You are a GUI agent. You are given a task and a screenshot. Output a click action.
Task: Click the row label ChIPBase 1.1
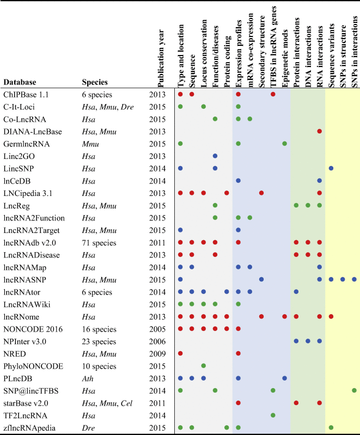tap(26, 94)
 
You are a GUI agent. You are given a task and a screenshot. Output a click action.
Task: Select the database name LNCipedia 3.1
tap(29, 193)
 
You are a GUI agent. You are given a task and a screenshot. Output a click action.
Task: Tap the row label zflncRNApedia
tap(30, 427)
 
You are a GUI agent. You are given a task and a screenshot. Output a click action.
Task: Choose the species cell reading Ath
tap(88, 378)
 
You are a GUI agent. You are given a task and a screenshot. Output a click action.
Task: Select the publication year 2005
tap(157, 329)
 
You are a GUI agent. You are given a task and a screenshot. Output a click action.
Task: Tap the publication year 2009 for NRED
tap(157, 353)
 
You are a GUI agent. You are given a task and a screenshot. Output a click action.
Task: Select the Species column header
tap(94, 82)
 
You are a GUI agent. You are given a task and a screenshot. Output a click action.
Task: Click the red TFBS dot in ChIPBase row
tap(273, 94)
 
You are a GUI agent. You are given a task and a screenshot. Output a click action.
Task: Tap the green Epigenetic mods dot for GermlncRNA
tap(285, 144)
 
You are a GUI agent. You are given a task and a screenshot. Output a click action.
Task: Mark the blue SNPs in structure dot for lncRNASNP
tap(343, 279)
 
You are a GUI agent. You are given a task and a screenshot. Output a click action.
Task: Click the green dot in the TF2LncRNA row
tap(273, 415)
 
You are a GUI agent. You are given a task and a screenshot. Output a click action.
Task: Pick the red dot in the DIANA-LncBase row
tap(320, 131)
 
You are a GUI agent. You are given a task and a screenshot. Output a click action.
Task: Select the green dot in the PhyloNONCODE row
tap(203, 366)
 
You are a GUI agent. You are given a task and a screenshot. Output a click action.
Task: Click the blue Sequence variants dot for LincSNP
tap(331, 168)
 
